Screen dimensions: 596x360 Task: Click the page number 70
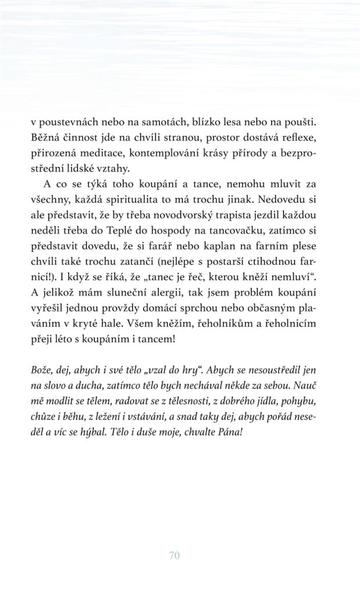tap(174, 555)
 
